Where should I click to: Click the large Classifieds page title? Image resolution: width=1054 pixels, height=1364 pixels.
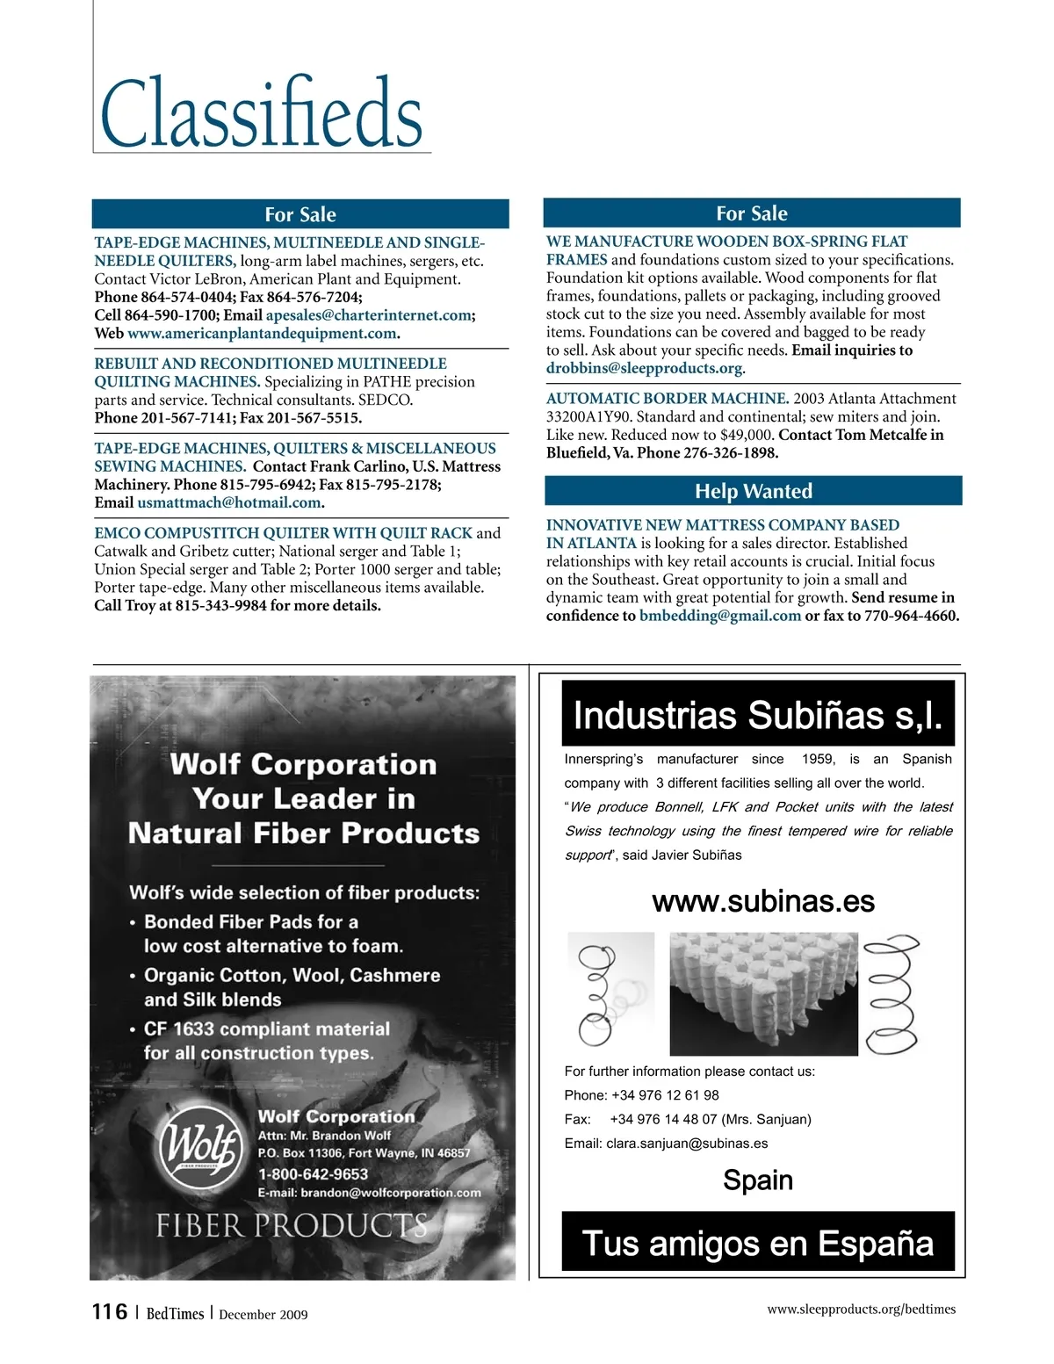pyautogui.click(x=262, y=114)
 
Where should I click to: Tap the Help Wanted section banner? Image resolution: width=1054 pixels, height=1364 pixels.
pyautogui.click(x=753, y=491)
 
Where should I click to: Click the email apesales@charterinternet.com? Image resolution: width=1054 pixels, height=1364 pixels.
pyautogui.click(x=369, y=315)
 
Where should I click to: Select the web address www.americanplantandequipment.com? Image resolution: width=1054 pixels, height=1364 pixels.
pyautogui.click(x=262, y=334)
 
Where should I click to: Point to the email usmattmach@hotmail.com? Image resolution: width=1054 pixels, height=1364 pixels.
pyautogui.click(x=229, y=503)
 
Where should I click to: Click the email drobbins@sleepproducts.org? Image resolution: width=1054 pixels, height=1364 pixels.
pyautogui.click(x=644, y=369)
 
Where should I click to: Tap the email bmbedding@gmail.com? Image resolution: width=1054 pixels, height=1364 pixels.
pyautogui.click(x=720, y=616)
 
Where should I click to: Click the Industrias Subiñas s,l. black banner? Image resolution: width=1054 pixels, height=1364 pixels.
pyautogui.click(x=757, y=715)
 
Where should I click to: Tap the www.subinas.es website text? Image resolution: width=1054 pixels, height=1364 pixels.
pyautogui.click(x=763, y=902)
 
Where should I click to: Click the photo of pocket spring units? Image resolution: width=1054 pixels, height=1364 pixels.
pyautogui.click(x=762, y=993)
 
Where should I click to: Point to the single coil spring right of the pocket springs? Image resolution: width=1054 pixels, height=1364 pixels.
pyautogui.click(x=891, y=993)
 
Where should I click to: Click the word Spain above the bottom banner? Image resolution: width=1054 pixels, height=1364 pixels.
pyautogui.click(x=757, y=1180)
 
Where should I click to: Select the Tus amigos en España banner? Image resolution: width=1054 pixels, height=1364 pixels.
pyautogui.click(x=757, y=1243)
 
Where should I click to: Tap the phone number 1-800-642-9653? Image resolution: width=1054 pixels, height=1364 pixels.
pyautogui.click(x=313, y=1174)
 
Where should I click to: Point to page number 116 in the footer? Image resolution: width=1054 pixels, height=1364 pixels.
pyautogui.click(x=110, y=1312)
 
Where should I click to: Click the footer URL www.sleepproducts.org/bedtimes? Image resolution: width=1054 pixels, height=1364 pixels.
pyautogui.click(x=861, y=1310)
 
